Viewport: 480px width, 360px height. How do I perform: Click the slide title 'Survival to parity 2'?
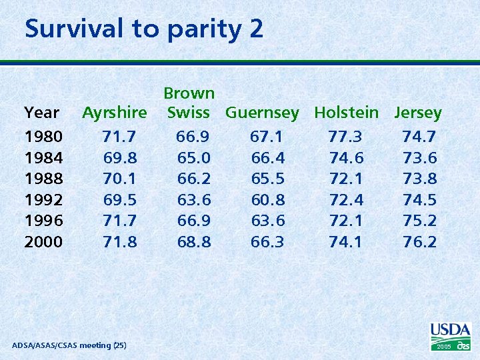(x=144, y=29)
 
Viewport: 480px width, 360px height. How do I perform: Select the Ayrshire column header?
(x=115, y=113)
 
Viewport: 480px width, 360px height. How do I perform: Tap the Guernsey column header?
(x=262, y=113)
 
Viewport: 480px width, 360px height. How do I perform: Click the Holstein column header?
(x=346, y=113)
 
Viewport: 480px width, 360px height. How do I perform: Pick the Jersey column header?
(x=418, y=113)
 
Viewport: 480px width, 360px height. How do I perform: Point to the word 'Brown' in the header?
(x=189, y=93)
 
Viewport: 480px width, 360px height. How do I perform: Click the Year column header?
(x=41, y=113)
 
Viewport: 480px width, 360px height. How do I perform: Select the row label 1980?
(x=43, y=137)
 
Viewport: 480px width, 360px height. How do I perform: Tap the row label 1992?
(x=43, y=199)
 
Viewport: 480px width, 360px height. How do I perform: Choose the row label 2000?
(x=43, y=241)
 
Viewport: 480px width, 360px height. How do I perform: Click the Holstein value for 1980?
(x=345, y=137)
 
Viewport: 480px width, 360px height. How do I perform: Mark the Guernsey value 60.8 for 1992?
(x=267, y=199)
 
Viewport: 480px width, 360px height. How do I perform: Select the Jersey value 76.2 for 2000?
(x=419, y=241)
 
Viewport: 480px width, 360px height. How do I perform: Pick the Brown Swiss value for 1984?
(x=194, y=158)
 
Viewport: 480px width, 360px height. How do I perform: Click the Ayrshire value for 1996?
(x=120, y=220)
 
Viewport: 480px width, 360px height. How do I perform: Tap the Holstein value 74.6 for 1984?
(x=346, y=158)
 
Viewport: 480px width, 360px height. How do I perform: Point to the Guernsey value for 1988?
(x=267, y=179)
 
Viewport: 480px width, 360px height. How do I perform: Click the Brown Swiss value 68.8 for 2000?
(x=194, y=241)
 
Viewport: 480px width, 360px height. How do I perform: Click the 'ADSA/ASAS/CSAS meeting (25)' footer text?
(x=69, y=345)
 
